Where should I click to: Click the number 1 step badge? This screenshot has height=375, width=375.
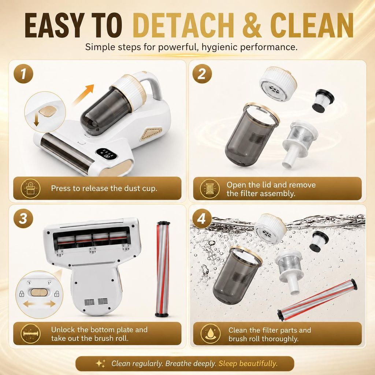23,74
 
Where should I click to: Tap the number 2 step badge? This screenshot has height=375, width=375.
202,74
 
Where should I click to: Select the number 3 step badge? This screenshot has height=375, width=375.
23,219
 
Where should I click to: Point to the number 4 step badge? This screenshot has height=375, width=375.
202,219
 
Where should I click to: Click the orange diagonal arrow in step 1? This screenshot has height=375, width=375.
83,95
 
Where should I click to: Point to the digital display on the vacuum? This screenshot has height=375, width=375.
107,154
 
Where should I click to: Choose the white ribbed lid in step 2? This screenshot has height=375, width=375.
278,84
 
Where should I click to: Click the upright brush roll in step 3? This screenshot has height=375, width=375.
163,269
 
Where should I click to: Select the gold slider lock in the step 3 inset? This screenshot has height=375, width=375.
39,292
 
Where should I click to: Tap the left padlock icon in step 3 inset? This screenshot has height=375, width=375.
22,293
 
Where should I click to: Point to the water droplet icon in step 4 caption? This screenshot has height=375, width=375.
211,334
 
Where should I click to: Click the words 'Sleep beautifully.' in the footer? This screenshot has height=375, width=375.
248,364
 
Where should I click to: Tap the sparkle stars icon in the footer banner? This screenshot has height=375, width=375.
100,364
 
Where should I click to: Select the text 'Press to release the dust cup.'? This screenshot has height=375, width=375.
104,189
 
